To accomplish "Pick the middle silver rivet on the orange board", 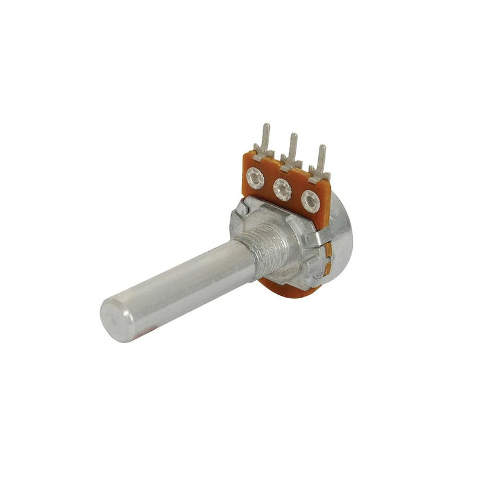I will pyautogui.click(x=282, y=189).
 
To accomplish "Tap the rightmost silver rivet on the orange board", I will pyautogui.click(x=310, y=199).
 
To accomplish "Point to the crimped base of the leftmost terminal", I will pyautogui.click(x=261, y=154).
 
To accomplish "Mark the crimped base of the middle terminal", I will pyautogui.click(x=289, y=164).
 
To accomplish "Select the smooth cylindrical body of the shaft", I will pyautogui.click(x=181, y=284).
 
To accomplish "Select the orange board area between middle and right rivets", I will pyautogui.click(x=296, y=195).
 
